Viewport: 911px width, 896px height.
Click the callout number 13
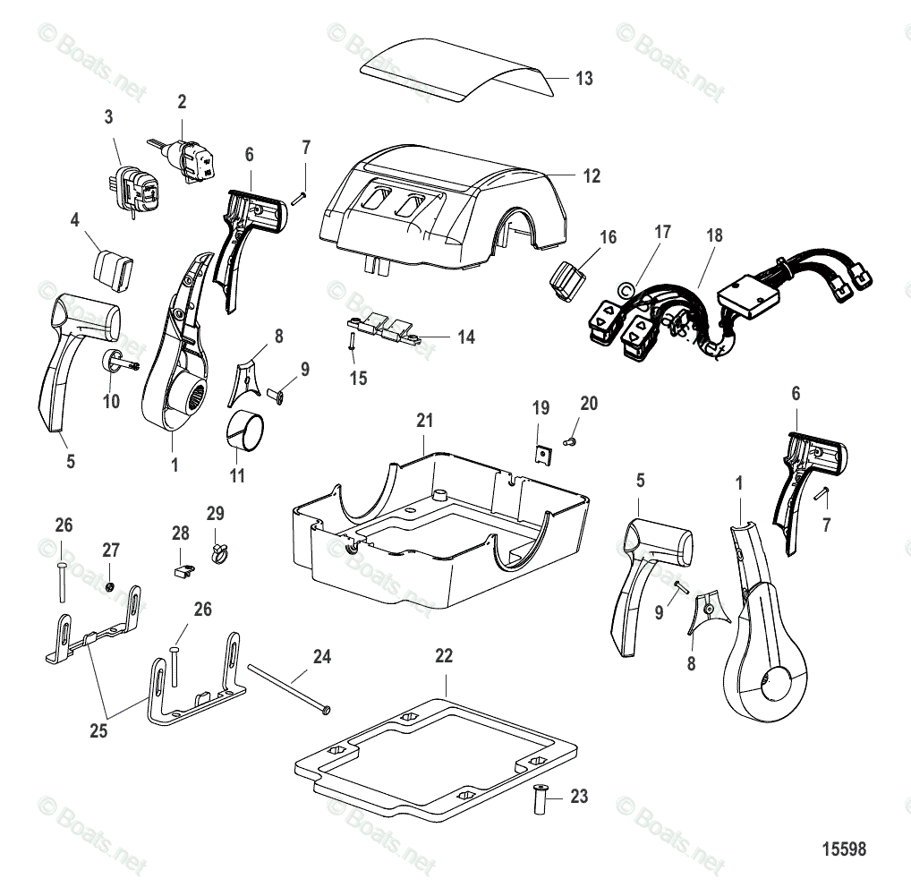tap(583, 79)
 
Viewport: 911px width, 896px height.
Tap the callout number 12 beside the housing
tap(592, 176)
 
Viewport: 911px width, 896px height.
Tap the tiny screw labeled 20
tap(569, 441)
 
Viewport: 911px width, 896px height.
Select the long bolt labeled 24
tap(287, 688)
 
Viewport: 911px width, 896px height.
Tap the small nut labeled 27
tap(108, 586)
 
